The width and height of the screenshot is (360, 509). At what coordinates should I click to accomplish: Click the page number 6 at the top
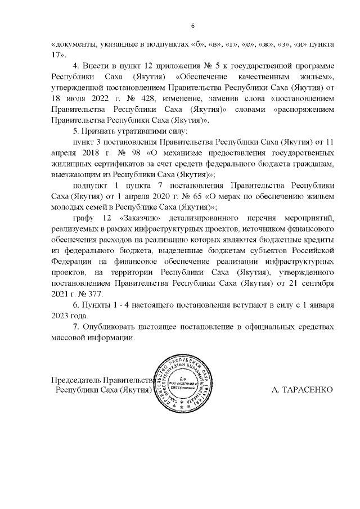(192, 26)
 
